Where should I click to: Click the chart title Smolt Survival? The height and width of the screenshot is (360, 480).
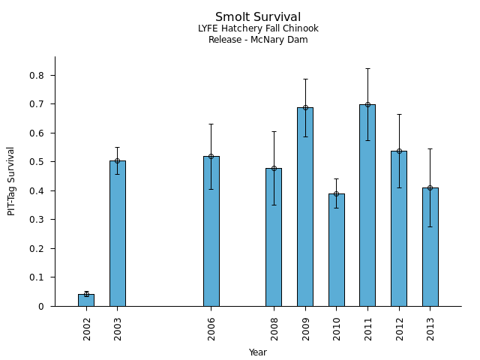tap(258, 17)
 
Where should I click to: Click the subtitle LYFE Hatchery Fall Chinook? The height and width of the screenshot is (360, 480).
tap(258, 28)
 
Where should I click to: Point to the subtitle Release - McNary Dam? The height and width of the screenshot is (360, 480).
tap(258, 40)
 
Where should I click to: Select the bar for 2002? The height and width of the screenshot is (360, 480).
tap(86, 300)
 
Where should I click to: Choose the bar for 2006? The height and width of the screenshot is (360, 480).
tap(211, 232)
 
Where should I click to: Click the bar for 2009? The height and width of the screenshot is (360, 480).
tap(305, 210)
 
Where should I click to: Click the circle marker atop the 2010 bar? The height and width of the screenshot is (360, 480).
tap(336, 193)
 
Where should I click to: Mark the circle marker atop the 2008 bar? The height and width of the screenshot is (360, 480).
tap(274, 168)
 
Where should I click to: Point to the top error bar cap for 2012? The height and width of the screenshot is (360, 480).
tap(399, 114)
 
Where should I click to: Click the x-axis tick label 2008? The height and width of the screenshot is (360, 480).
tap(274, 328)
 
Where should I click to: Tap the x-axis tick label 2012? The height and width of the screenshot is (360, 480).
tap(400, 328)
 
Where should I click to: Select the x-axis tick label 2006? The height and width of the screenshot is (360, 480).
tap(212, 328)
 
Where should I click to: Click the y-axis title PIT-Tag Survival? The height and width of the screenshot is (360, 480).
tap(11, 181)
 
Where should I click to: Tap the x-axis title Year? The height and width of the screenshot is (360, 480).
tap(258, 352)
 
